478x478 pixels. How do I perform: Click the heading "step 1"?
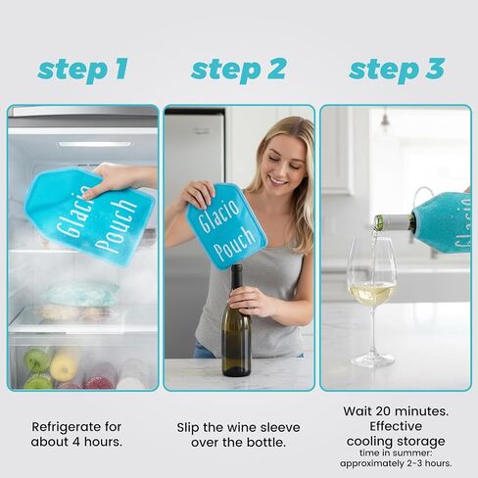coord(82,70)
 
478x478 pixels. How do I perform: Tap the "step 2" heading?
coord(238,70)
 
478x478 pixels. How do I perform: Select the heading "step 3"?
coord(397,70)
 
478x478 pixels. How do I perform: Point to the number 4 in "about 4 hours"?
coord(76,442)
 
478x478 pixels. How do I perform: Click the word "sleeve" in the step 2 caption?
coord(278,427)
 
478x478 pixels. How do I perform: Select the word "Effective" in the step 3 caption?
coord(396,426)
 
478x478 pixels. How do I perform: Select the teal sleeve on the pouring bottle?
coord(443,223)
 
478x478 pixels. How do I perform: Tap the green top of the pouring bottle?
coord(379,222)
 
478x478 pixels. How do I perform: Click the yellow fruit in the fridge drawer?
coord(64,364)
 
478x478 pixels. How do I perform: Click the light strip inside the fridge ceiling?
coord(95,144)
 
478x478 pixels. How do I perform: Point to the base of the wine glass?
coord(372,361)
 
